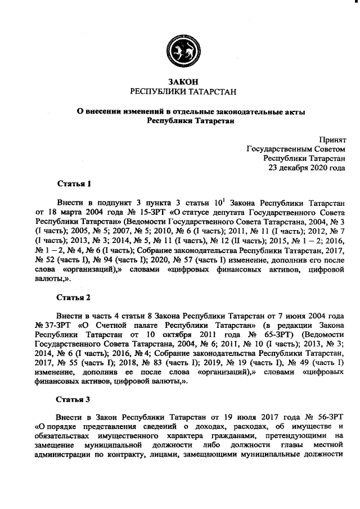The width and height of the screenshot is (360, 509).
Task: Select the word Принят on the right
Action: [x=332, y=138]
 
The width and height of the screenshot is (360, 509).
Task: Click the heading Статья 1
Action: [x=74, y=183]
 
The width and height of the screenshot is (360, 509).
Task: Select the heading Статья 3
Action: [x=74, y=400]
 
